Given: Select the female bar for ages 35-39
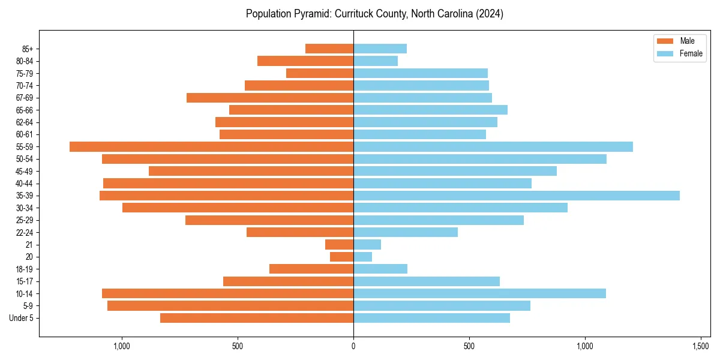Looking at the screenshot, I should (x=516, y=196).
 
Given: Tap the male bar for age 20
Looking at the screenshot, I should (x=341, y=257).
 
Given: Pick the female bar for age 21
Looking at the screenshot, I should (x=367, y=245).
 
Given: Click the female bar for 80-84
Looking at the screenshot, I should (x=376, y=61).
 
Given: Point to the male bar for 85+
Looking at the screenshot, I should (x=329, y=49).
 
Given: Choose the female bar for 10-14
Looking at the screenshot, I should (x=479, y=293).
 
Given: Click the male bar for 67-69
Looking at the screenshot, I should (x=270, y=98).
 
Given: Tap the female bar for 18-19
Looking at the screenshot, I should (x=380, y=269).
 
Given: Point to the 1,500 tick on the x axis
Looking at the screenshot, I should (x=701, y=346).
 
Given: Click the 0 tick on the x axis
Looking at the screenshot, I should (x=353, y=346).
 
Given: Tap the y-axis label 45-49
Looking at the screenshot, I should (x=25, y=172).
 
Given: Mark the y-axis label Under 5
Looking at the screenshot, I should (x=22, y=318).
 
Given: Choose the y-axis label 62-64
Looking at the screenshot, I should (x=25, y=122).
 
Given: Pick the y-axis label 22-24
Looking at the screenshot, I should (x=25, y=233).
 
